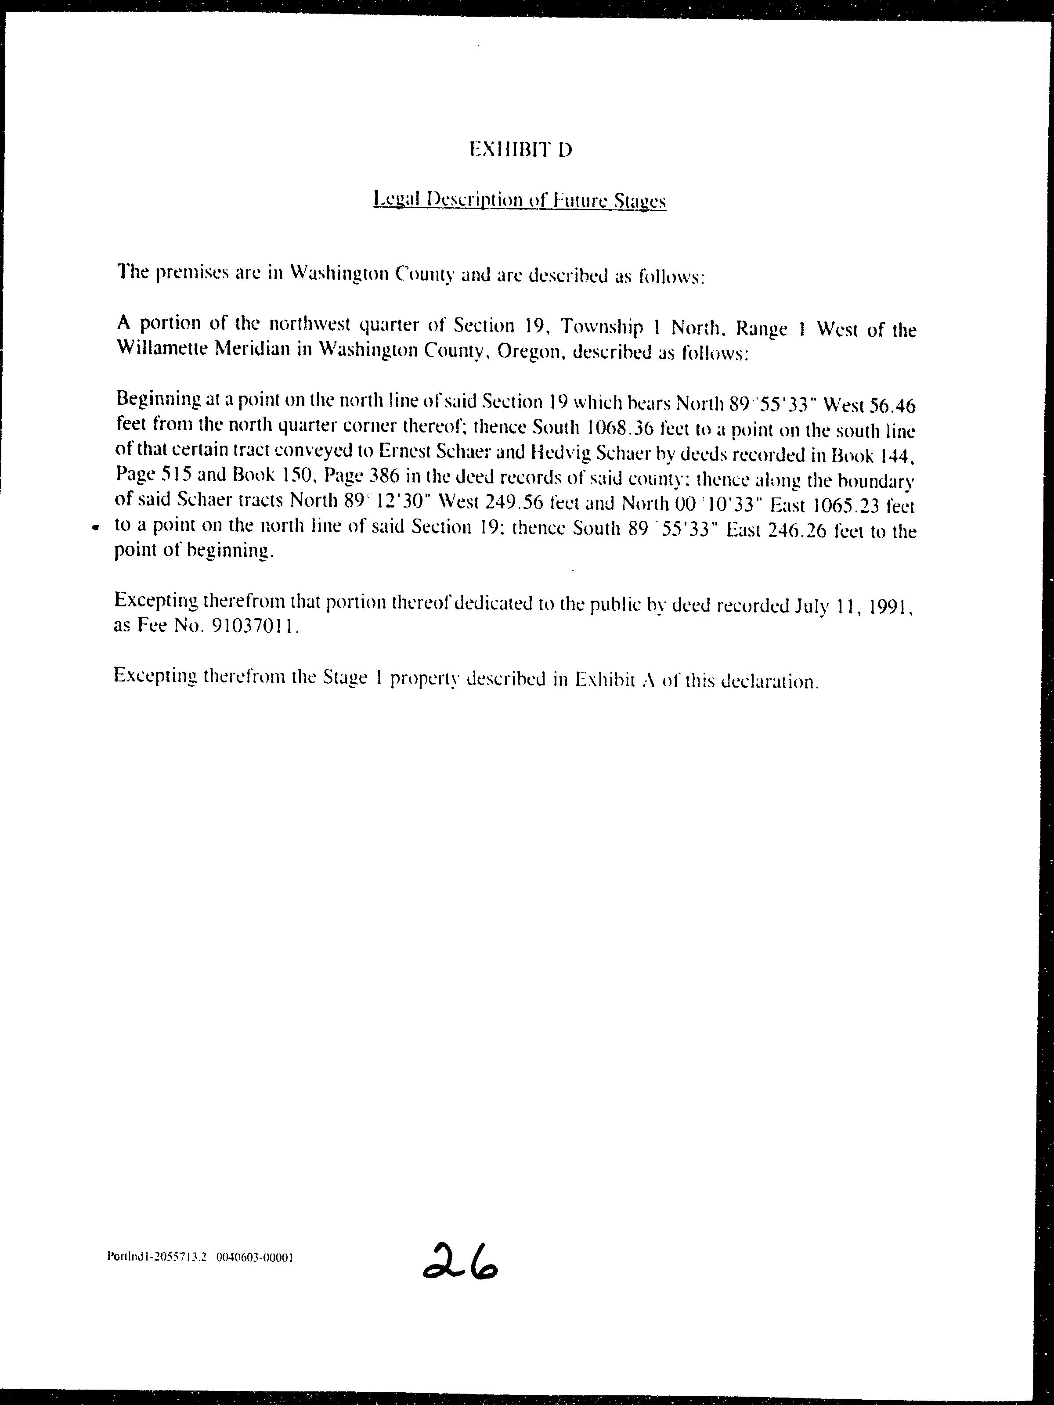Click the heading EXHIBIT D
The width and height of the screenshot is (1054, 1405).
tap(520, 150)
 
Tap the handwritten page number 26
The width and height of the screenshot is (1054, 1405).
tap(461, 1262)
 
